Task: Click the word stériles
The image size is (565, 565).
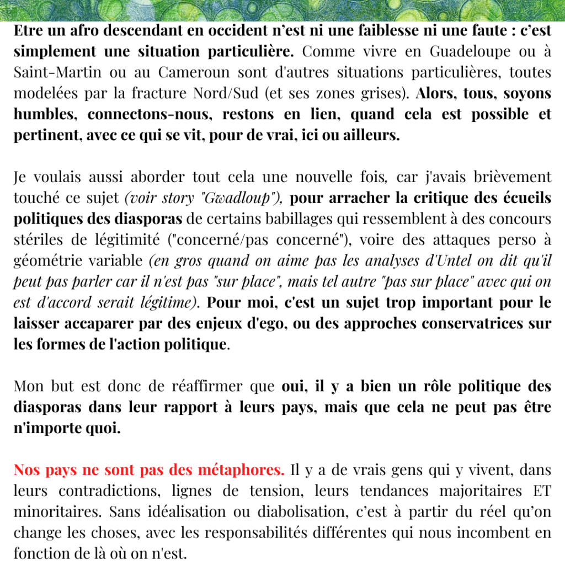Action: pos(40,239)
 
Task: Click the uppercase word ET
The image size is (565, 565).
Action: pos(541,491)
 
